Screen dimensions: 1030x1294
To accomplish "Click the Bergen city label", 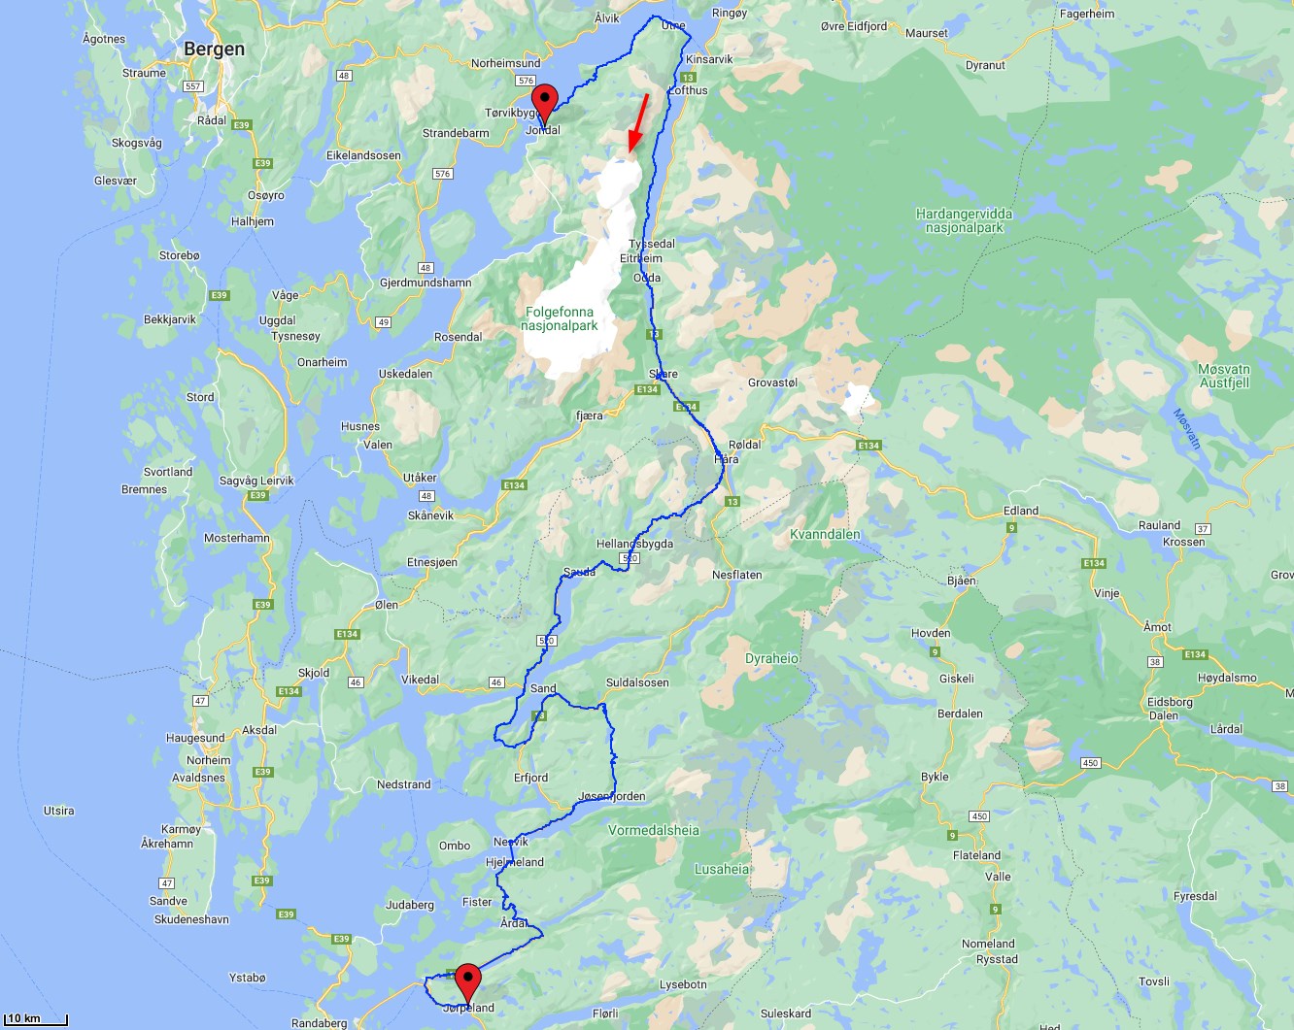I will (214, 50).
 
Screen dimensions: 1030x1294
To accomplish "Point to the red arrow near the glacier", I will (638, 122).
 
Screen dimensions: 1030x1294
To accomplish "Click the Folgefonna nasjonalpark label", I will (560, 318).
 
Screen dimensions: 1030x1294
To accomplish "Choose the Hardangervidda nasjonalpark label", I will (964, 220).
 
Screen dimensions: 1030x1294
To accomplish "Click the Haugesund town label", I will (195, 738).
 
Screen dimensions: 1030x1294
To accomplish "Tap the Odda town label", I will (647, 278).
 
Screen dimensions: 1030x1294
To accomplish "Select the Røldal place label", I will (745, 445).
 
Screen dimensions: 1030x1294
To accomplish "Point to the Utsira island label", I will (59, 811).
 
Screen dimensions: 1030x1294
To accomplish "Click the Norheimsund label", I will (505, 63).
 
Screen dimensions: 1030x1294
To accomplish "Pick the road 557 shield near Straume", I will (193, 86).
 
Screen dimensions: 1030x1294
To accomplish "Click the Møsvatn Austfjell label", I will (1224, 376).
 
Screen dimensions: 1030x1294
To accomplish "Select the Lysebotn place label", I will (683, 984).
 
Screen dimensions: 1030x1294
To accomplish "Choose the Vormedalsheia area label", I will (654, 830).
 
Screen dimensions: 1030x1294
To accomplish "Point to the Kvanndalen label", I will (825, 534).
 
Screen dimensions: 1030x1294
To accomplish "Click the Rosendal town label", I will (459, 337).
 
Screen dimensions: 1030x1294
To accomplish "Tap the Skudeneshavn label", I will (192, 919).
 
